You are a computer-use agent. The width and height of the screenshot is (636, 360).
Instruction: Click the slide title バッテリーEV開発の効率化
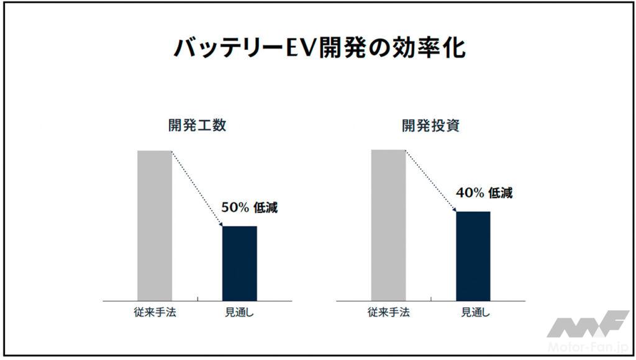(x=318, y=48)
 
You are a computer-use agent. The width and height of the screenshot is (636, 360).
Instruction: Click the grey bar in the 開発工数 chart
(x=154, y=225)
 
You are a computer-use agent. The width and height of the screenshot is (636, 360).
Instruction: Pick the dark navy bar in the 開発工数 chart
(x=239, y=263)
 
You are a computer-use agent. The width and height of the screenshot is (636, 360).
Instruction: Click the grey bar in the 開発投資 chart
(x=388, y=225)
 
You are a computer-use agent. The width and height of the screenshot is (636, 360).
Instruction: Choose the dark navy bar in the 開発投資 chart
(x=473, y=256)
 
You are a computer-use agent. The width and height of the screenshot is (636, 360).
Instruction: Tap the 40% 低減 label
(x=484, y=193)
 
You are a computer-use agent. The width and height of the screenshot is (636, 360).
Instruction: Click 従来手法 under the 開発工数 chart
(x=155, y=312)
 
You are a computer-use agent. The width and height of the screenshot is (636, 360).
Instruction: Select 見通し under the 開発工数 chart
(x=239, y=312)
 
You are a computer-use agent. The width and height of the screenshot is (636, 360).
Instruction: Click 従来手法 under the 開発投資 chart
(x=389, y=312)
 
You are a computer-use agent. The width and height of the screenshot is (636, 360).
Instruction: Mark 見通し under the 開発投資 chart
(x=473, y=312)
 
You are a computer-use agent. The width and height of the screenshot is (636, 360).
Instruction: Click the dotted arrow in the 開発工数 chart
(x=197, y=188)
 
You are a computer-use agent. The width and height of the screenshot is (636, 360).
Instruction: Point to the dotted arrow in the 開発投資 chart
(x=430, y=181)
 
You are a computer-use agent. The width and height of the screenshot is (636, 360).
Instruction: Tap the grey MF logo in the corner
(x=588, y=325)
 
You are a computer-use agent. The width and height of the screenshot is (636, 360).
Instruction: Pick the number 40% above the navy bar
(x=470, y=193)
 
